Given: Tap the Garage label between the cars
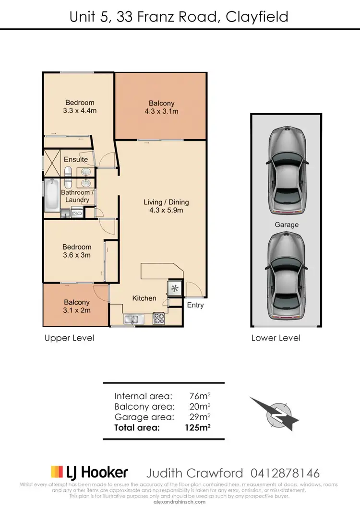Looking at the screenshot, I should tap(287, 225).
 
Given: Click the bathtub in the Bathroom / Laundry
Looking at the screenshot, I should tap(51, 195).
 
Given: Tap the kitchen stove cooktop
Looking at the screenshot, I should tap(159, 318).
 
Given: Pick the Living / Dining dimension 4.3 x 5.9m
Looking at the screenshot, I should tap(166, 210).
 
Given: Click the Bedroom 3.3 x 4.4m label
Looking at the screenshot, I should tap(80, 107).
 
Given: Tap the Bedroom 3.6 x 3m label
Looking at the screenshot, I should tap(77, 251).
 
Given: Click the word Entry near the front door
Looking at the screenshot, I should tap(195, 305).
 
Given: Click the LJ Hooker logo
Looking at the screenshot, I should tap(89, 473).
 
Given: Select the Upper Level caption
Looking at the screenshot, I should tap(69, 338).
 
